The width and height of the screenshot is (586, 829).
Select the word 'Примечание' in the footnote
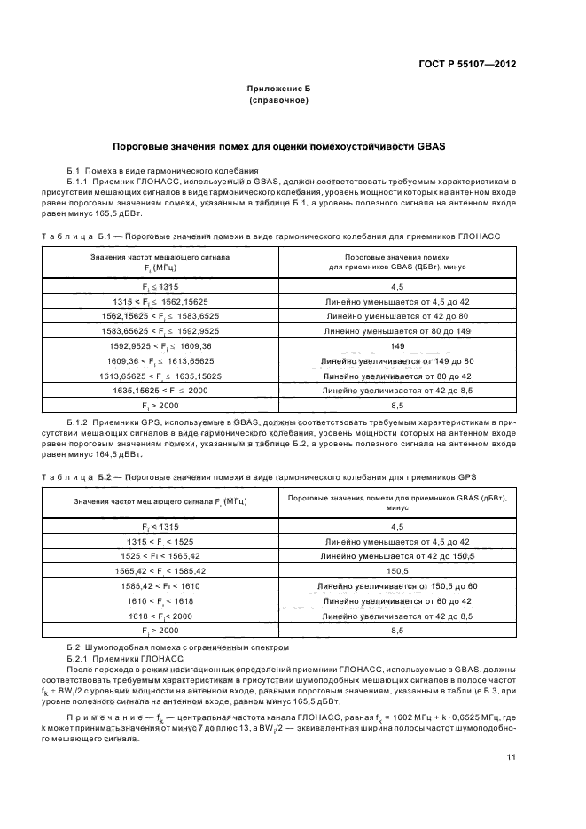[108, 716]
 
